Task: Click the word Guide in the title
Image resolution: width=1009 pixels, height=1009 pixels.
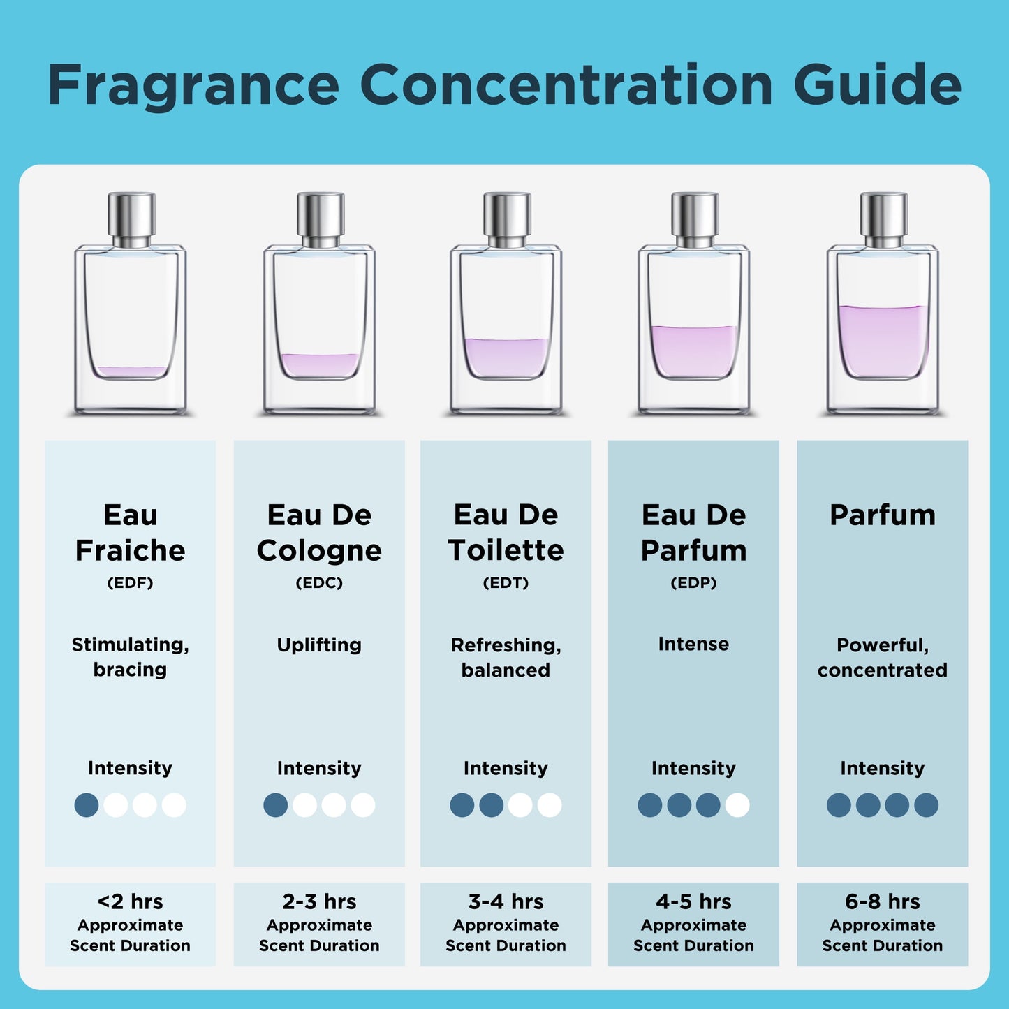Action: (x=878, y=84)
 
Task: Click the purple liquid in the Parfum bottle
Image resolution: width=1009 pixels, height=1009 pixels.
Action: (x=883, y=340)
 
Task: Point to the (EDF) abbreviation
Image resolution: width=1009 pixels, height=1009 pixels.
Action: (x=131, y=583)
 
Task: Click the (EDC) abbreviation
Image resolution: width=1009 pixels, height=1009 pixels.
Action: (x=319, y=583)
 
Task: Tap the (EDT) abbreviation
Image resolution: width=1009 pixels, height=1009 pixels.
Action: (x=506, y=583)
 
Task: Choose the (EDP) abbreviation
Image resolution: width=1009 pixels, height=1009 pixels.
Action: (x=694, y=583)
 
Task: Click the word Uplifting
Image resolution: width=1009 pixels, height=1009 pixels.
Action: (x=319, y=645)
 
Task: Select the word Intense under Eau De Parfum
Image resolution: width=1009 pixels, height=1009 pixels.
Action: (x=694, y=644)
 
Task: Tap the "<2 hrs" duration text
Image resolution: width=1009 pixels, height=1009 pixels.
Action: (x=131, y=901)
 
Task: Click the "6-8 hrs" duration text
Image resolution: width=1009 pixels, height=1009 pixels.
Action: (x=883, y=901)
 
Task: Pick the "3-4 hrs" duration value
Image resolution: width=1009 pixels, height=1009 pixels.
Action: (x=506, y=901)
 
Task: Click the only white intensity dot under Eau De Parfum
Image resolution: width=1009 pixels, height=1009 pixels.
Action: (x=737, y=805)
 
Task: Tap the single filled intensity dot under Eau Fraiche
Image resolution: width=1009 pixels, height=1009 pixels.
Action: (x=87, y=805)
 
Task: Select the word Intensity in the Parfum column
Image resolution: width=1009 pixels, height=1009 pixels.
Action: (x=883, y=768)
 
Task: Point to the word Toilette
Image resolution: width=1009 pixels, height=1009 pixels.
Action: (x=506, y=550)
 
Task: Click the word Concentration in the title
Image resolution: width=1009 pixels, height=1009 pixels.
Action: (x=566, y=84)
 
